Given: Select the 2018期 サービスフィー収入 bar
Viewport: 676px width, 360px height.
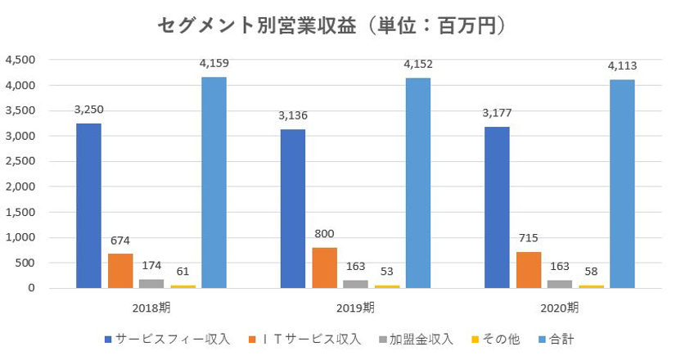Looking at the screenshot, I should coord(88,205).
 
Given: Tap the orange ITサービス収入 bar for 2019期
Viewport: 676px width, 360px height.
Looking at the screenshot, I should coord(323,268).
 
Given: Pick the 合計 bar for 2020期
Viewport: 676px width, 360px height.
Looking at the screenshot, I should coord(621,183).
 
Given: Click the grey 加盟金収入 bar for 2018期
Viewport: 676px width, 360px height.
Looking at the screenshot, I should coord(151,283).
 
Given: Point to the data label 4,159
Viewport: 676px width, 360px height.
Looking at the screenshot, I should coord(213,63).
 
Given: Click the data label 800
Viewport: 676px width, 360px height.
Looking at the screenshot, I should coord(323,233).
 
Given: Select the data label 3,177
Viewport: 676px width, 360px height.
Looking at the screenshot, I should coord(497,113).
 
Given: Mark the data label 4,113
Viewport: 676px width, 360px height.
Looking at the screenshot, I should coord(622,65).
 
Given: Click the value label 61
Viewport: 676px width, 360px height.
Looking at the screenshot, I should coord(183,271).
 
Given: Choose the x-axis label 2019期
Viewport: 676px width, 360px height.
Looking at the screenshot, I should coord(356,308).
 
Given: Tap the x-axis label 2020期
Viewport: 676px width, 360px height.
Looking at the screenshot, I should coord(561,308).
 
